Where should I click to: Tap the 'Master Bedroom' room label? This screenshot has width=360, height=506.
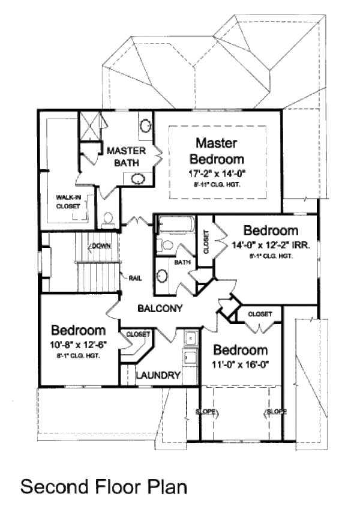[x=217, y=151]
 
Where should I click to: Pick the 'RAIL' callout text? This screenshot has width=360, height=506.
[x=135, y=277]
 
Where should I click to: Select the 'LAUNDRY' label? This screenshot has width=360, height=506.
[x=158, y=376]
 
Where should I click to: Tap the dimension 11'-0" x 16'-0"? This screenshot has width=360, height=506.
[x=241, y=364]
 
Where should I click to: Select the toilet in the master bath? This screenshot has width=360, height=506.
[x=108, y=220]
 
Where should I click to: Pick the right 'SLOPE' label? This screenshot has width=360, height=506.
[x=274, y=412]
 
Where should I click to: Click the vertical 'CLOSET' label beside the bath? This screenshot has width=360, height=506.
[x=206, y=243]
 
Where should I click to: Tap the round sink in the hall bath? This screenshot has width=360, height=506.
[x=162, y=276]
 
